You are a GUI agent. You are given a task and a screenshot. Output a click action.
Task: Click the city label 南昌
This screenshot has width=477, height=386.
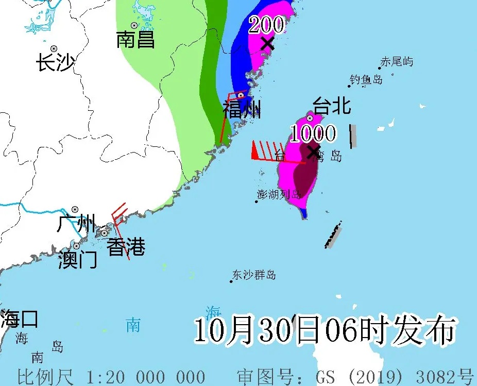point(135,40)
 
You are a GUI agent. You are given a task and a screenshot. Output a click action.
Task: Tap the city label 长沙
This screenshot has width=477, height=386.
point(56,63)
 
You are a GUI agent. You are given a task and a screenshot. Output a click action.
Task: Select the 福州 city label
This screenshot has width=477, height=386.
point(242,109)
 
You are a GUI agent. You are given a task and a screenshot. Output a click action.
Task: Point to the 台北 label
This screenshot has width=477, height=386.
point(332,106)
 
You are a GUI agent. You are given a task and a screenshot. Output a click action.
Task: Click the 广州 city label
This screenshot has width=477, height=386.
point(77,224)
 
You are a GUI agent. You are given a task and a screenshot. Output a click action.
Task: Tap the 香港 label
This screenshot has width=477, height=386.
point(126,248)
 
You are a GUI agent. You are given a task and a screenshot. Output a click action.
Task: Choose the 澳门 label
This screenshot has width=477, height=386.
point(77,259)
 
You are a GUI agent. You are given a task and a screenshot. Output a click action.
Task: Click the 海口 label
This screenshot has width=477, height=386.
point(19,318)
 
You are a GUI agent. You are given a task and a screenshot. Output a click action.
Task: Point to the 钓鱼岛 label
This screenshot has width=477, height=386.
point(366,79)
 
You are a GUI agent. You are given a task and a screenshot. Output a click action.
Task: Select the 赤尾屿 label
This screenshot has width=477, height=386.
point(397,62)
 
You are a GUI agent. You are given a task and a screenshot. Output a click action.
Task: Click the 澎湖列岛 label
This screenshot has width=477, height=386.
point(279,194)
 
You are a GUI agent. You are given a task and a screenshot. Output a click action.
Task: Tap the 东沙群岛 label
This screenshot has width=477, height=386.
point(254,275)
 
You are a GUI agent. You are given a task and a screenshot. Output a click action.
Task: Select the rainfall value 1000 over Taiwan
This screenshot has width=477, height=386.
point(312,134)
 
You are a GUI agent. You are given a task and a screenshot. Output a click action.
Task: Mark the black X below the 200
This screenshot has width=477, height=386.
point(267,43)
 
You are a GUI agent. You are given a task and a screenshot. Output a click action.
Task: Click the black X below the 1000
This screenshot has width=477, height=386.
point(313,152)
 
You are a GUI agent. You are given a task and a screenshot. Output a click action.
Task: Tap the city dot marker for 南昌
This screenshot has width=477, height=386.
point(134,25)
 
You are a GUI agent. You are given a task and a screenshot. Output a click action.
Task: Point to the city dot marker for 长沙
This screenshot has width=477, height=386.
point(54,48)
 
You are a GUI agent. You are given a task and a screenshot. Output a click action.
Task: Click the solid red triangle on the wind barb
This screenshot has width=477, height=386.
point(254,150)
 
